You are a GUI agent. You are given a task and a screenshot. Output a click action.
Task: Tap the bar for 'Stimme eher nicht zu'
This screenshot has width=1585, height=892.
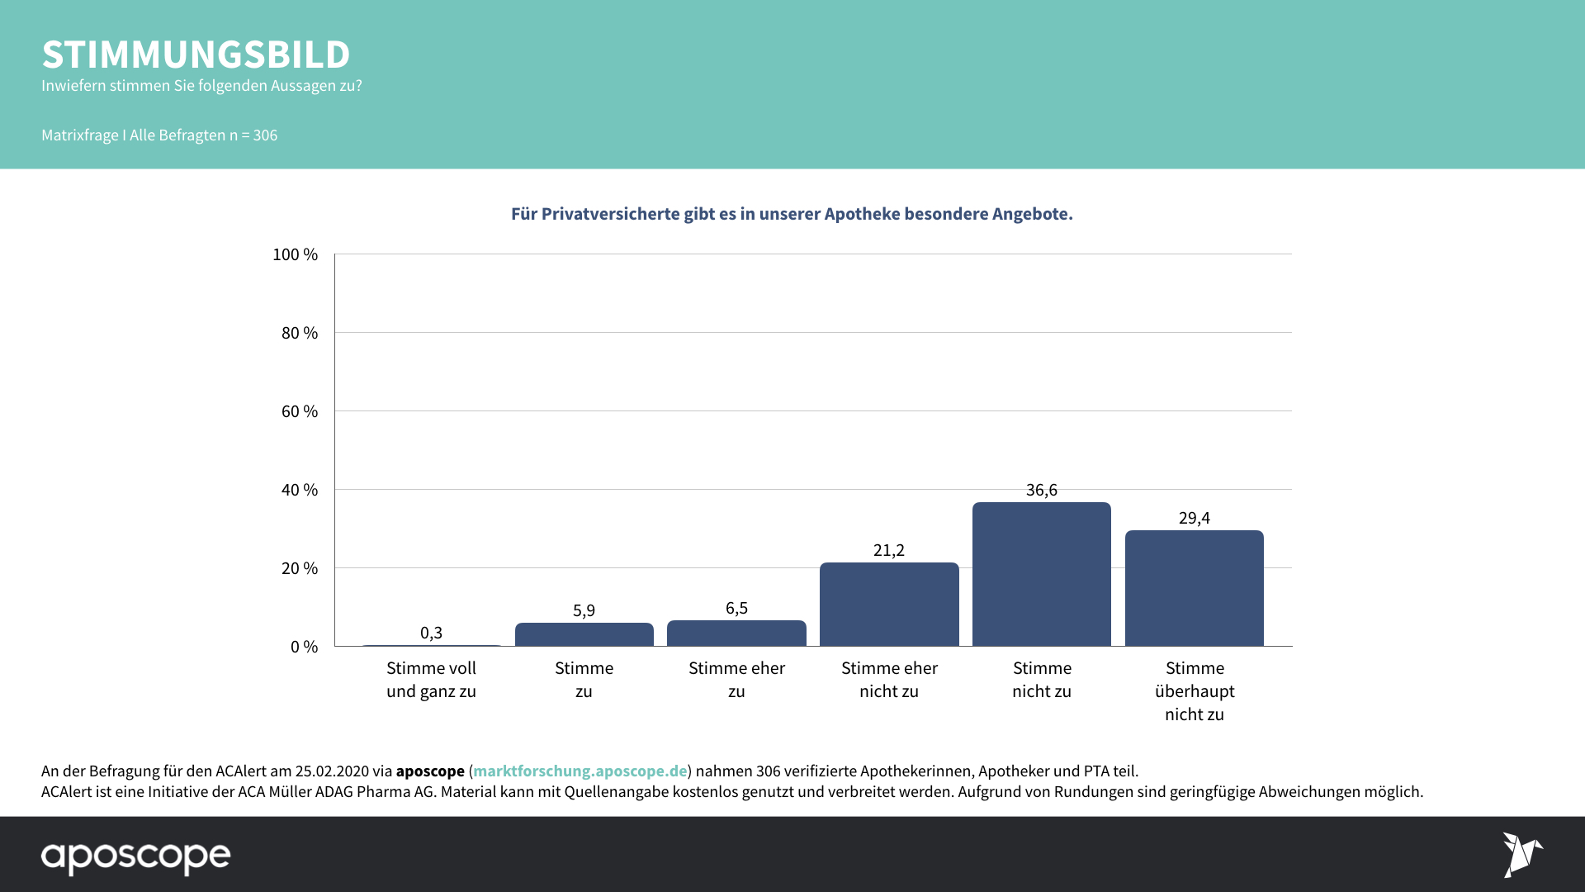click(x=889, y=605)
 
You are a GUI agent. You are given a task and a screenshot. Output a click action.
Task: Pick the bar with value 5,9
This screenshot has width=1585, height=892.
click(x=584, y=634)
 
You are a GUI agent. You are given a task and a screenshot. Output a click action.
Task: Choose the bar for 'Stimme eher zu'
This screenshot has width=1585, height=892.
click(x=736, y=633)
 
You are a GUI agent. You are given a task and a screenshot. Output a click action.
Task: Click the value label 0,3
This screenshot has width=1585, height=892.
click(x=431, y=633)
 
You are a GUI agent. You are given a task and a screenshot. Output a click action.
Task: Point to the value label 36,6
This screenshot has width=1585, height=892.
click(x=1041, y=490)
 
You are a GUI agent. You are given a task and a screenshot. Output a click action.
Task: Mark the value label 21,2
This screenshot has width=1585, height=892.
click(x=889, y=550)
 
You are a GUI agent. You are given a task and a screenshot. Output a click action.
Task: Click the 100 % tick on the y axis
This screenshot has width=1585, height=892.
click(x=295, y=254)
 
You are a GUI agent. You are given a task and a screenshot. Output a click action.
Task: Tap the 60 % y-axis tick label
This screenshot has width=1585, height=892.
click(x=299, y=411)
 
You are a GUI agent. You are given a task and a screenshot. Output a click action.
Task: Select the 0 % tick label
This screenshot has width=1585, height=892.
click(x=304, y=647)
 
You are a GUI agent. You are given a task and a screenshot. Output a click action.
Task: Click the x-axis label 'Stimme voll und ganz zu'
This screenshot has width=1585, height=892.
click(x=431, y=680)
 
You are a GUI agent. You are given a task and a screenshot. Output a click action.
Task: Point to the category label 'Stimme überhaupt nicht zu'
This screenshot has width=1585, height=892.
click(x=1195, y=691)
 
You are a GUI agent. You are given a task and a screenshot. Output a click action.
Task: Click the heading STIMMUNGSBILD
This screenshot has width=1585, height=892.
click(x=196, y=55)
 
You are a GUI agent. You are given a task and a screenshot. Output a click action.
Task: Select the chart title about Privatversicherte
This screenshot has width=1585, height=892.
click(x=792, y=214)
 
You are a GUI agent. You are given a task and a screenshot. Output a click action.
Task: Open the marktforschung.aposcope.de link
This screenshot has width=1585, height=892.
click(x=580, y=771)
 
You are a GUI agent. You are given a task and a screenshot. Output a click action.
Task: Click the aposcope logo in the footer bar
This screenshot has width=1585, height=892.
click(x=136, y=856)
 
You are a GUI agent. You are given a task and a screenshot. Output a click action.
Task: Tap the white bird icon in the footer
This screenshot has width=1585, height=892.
click(x=1521, y=854)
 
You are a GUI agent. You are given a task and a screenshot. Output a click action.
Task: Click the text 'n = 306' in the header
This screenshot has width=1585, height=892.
click(x=253, y=135)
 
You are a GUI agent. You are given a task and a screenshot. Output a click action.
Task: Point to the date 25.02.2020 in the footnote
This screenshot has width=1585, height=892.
click(x=332, y=771)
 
